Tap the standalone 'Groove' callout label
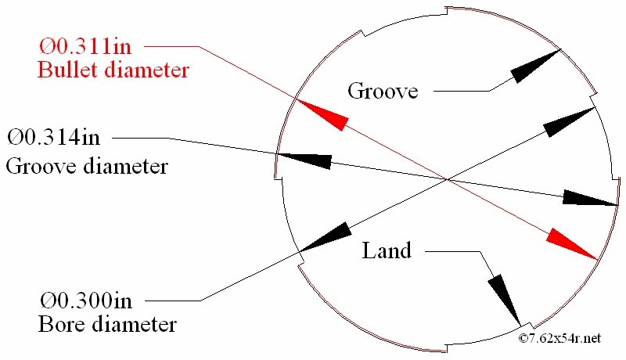click(x=383, y=91)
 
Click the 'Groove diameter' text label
click(x=87, y=166)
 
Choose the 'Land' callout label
click(x=387, y=250)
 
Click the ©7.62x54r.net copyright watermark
click(x=559, y=338)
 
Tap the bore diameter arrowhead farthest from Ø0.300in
click(x=572, y=121)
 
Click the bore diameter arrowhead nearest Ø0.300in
click(x=325, y=237)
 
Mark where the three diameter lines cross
click(x=446, y=180)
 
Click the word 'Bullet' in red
click(x=65, y=70)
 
